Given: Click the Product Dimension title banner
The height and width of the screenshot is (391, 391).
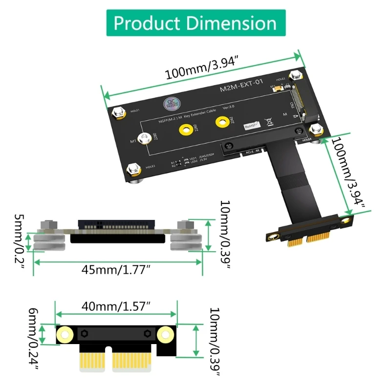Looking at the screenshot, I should point(195,23).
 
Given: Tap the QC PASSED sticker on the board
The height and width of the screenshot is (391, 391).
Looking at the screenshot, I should point(170,105).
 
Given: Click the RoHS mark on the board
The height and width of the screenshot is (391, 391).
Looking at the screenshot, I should point(252,126).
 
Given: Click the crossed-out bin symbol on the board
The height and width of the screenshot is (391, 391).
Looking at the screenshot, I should point(268,123).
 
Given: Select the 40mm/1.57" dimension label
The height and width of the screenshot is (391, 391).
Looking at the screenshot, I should point(116,306).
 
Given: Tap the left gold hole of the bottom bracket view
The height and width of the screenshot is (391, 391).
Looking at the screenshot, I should point(65,334).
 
